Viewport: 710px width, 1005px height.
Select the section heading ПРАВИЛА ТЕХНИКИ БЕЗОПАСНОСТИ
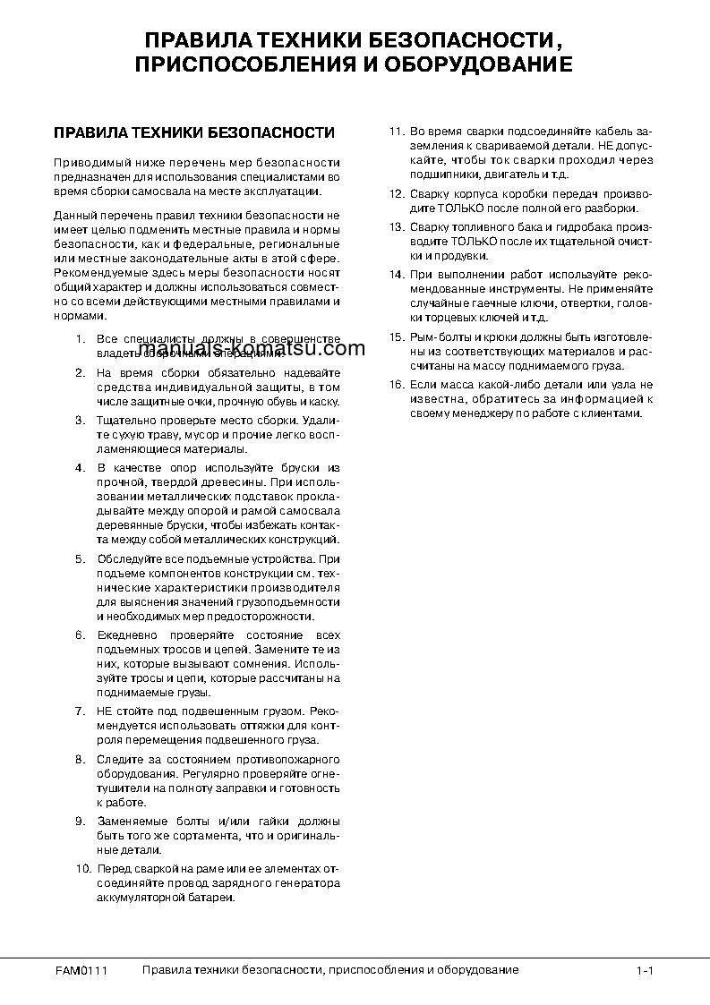coord(194,133)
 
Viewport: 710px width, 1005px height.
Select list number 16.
coord(397,384)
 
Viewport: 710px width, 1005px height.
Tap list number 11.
coord(397,132)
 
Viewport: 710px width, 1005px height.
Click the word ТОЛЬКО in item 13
coord(470,242)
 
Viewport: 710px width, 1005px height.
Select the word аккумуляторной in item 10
coord(140,898)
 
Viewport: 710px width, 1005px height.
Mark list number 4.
coord(80,467)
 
